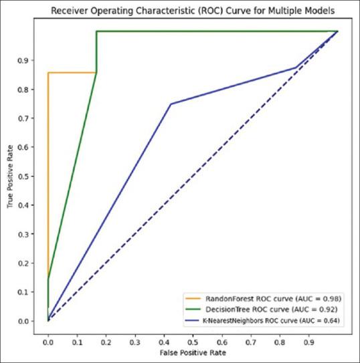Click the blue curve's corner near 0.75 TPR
point(171,104)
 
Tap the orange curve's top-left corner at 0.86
point(48,72)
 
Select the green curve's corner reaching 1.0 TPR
point(96,31)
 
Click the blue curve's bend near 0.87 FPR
point(296,68)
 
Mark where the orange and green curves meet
point(96,72)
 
